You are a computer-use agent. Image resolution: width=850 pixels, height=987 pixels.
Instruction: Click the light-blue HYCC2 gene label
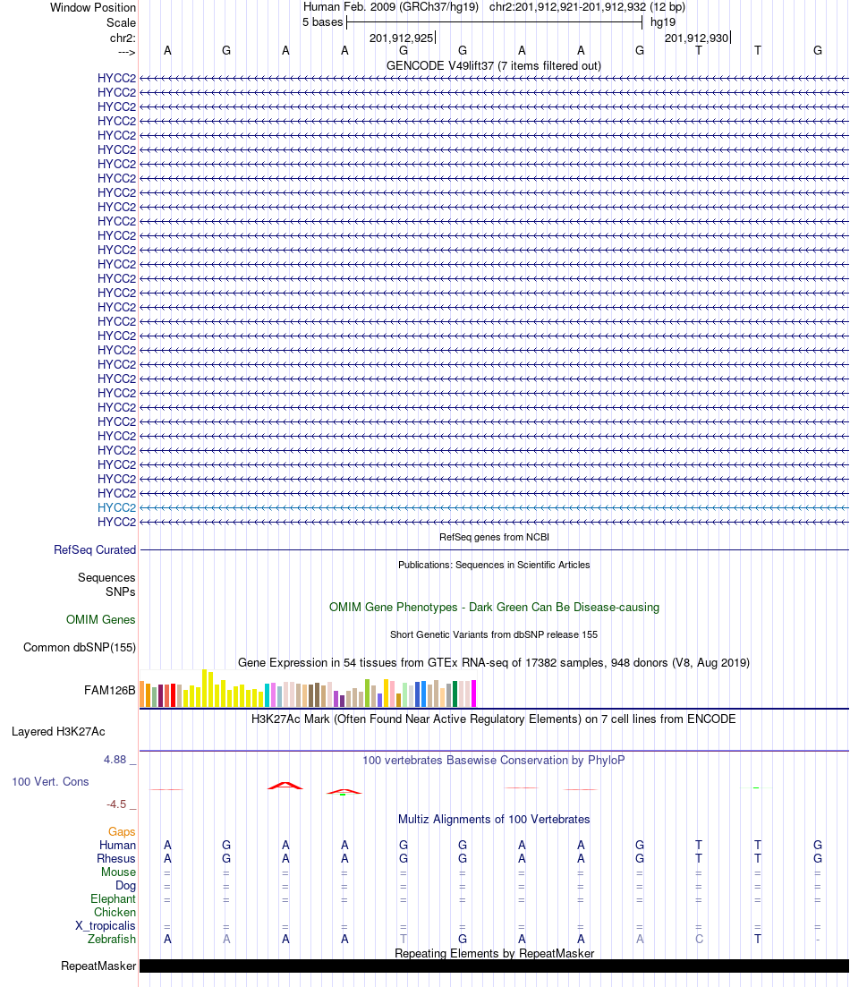(x=116, y=507)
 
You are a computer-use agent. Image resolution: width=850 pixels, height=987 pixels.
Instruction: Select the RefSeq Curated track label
(x=95, y=550)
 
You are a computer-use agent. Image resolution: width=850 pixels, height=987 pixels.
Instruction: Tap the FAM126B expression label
(x=110, y=690)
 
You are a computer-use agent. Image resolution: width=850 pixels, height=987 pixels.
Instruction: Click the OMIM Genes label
(x=101, y=619)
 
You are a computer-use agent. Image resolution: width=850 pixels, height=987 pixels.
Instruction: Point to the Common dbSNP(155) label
(x=80, y=648)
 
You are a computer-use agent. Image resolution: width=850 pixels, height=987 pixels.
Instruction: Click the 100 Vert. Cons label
(x=50, y=781)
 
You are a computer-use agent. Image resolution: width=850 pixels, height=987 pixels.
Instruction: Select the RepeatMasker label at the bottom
(x=98, y=966)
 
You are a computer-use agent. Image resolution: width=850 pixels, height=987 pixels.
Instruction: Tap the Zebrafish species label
(x=112, y=939)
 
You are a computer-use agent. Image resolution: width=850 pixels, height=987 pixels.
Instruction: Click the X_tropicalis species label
(x=106, y=925)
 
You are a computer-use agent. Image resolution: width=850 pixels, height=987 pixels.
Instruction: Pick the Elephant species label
(x=113, y=898)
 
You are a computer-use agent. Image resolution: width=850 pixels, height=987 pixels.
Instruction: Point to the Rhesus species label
(x=116, y=858)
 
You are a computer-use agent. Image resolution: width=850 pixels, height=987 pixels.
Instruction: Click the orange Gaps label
(x=122, y=831)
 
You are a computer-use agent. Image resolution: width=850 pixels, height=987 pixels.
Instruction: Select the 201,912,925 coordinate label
(x=402, y=38)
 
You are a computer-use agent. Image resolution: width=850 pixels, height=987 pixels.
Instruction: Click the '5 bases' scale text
(x=322, y=21)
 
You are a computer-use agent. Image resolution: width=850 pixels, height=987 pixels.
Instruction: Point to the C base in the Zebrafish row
(x=699, y=939)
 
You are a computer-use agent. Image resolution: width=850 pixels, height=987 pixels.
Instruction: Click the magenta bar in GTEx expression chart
(x=474, y=693)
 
